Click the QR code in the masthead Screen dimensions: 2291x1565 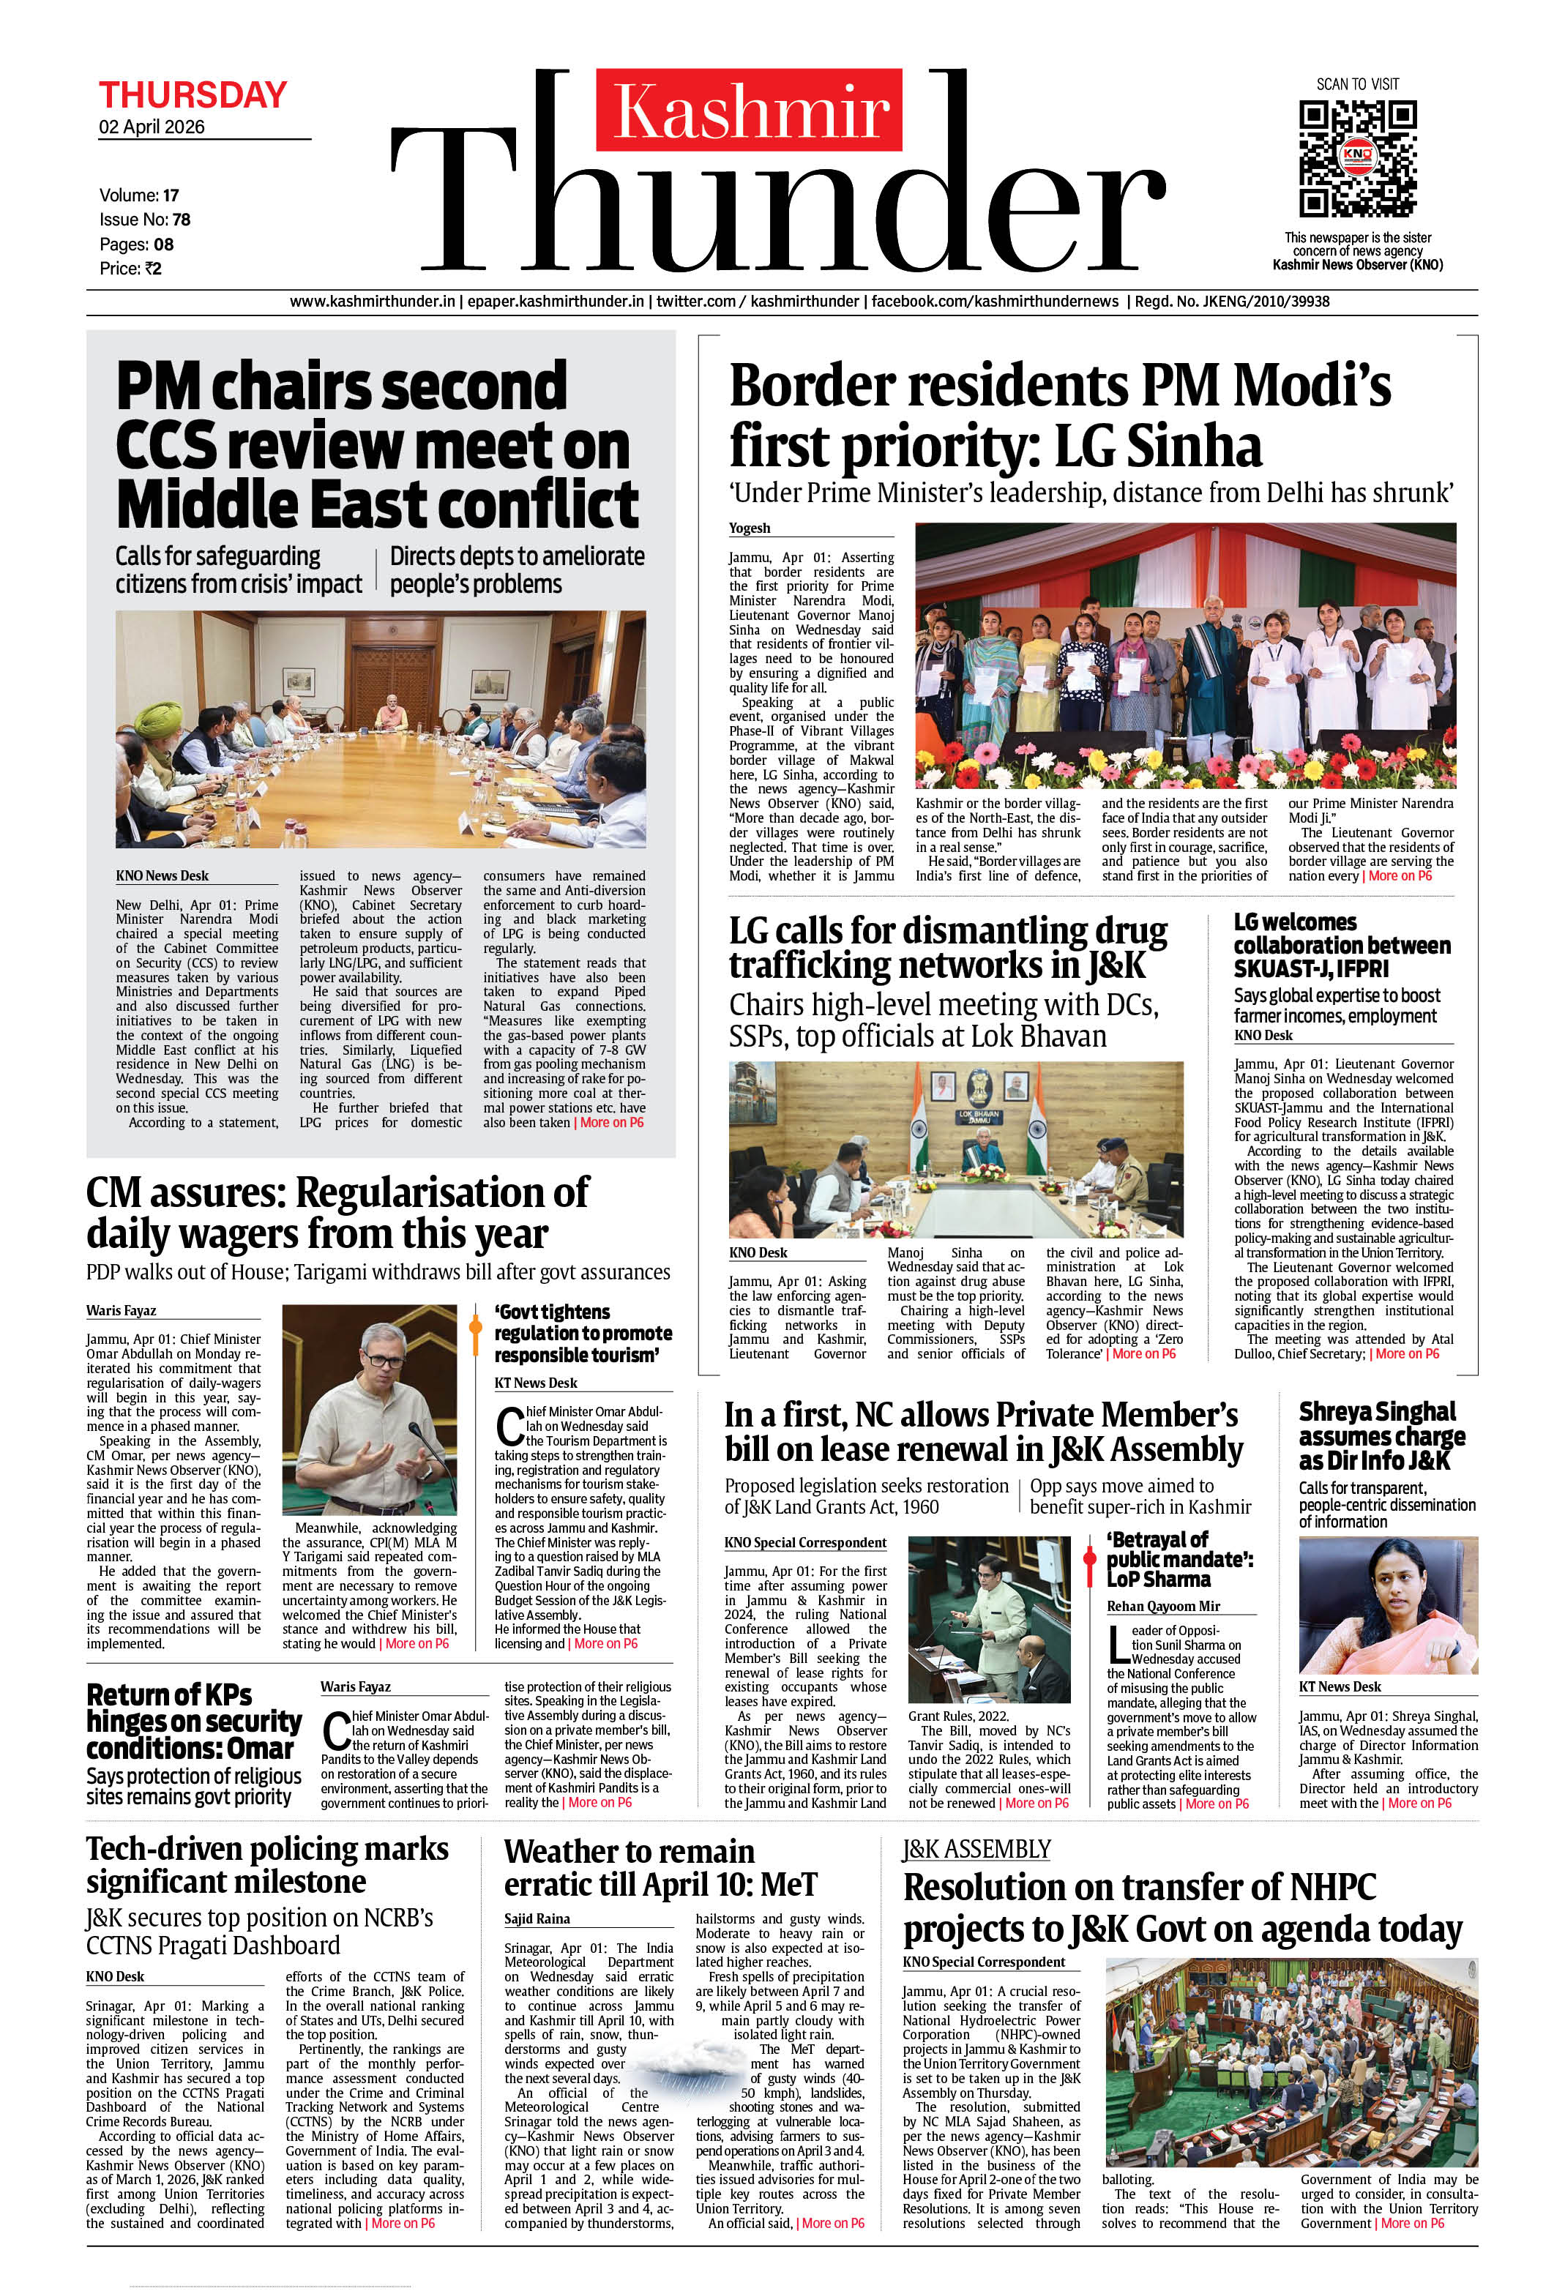coord(1357,157)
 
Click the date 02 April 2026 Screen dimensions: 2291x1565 coord(152,127)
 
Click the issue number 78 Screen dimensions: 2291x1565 coord(182,220)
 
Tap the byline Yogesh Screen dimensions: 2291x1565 coord(750,528)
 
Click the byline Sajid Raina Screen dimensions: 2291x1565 coord(537,1918)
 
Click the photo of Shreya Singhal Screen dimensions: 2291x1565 coord(1388,1606)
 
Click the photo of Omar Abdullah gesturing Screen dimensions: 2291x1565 coord(369,1410)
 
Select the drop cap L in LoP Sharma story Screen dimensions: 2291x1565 coord(1117,1643)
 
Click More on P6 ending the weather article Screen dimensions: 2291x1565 coord(832,2223)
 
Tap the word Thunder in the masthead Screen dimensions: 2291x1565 coord(779,197)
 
